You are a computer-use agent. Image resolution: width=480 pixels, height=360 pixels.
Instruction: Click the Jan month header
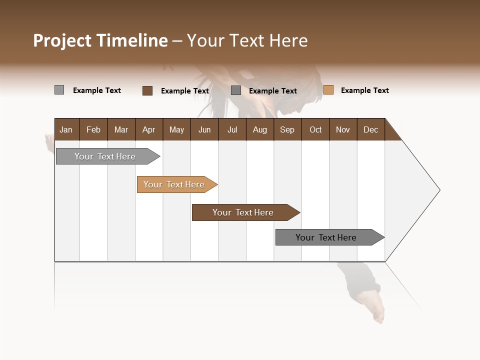[66, 129]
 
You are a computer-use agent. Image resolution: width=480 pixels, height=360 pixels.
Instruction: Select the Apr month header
[148, 129]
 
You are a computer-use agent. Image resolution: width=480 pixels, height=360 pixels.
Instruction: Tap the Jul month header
[232, 129]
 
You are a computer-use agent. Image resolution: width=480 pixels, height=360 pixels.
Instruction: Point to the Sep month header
[287, 129]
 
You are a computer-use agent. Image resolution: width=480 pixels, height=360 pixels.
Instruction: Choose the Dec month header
[370, 129]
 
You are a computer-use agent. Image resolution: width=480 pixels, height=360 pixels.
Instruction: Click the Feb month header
[93, 129]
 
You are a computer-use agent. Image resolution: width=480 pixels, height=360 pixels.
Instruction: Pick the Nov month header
[342, 129]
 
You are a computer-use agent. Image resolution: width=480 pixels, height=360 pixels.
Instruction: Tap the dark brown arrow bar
[243, 212]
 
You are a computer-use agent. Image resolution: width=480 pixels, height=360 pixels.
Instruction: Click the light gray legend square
[59, 90]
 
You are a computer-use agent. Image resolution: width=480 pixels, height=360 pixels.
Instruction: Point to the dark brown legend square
[147, 90]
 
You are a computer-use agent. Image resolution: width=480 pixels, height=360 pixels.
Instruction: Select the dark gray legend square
[236, 90]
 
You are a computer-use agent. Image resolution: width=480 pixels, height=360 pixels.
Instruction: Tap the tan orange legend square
[328, 90]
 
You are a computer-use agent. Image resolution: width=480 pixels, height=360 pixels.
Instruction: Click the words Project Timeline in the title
[100, 40]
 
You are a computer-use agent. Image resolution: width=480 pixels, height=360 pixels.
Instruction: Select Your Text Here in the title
[247, 40]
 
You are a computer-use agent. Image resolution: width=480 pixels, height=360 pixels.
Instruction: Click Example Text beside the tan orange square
[364, 90]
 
